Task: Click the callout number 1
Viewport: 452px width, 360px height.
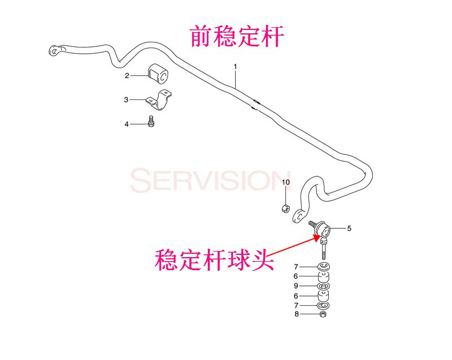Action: [235, 67]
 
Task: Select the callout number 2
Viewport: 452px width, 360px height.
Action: [127, 76]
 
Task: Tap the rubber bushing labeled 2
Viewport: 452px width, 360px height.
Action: [158, 73]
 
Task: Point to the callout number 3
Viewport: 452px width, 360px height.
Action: [126, 99]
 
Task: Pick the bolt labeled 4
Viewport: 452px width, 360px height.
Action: [151, 122]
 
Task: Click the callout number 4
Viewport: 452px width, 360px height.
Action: [126, 124]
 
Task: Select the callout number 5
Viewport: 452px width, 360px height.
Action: [349, 228]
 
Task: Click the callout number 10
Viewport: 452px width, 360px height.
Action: [285, 182]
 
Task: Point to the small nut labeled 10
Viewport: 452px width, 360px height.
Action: [285, 208]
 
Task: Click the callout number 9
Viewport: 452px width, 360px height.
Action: [296, 286]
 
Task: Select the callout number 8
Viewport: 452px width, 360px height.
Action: [297, 314]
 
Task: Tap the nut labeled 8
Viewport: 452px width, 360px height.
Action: [323, 314]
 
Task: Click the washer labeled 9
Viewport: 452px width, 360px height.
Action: [323, 286]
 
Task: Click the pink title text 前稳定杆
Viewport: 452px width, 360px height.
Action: [237, 36]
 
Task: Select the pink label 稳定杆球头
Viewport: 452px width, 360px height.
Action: [214, 260]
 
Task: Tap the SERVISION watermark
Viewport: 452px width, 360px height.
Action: [210, 181]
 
